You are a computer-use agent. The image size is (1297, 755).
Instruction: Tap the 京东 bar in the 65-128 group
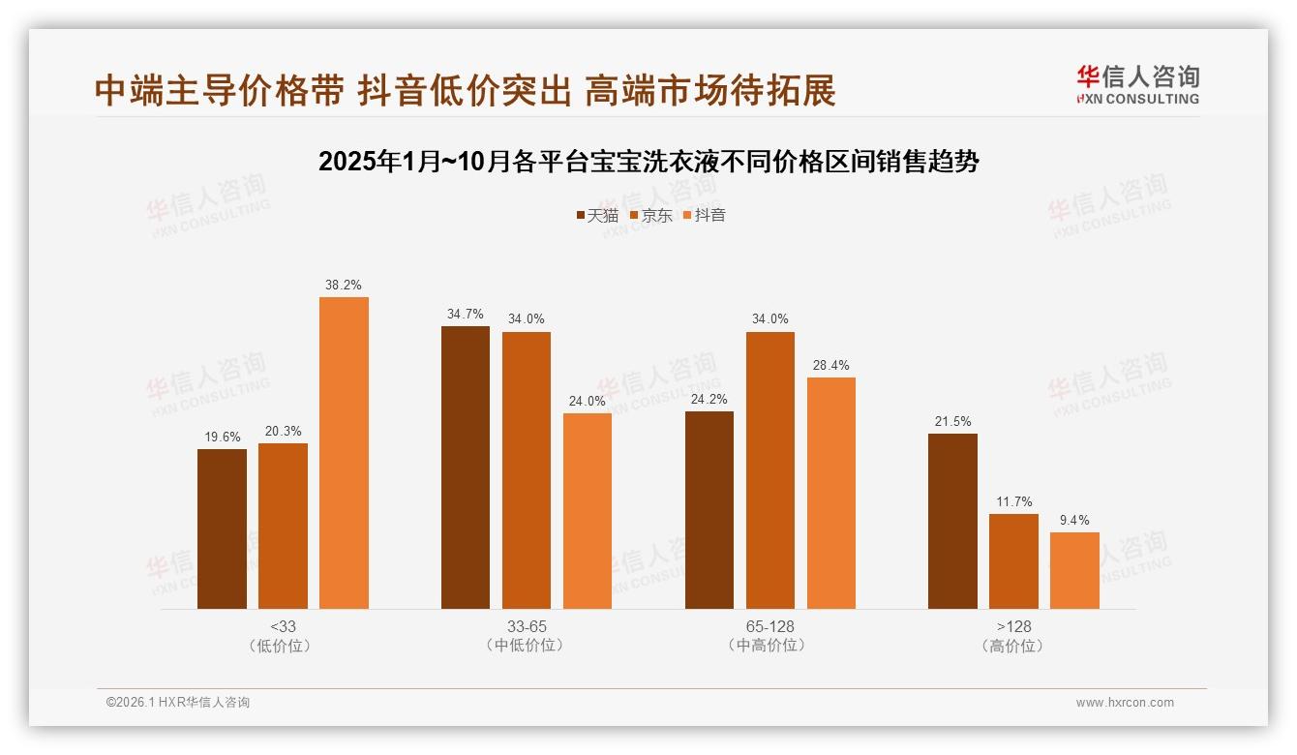pyautogui.click(x=769, y=470)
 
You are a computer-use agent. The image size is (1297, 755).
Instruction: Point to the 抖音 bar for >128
pyautogui.click(x=1074, y=570)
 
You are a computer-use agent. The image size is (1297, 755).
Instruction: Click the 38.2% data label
pyautogui.click(x=344, y=286)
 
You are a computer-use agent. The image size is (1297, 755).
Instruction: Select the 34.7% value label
pyautogui.click(x=466, y=315)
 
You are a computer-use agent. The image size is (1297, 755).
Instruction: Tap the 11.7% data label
pyautogui.click(x=1013, y=502)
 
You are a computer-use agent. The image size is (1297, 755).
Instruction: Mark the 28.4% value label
pyautogui.click(x=831, y=366)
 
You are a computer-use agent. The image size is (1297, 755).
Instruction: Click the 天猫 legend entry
pyautogui.click(x=597, y=216)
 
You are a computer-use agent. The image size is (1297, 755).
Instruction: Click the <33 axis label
pyautogui.click(x=283, y=627)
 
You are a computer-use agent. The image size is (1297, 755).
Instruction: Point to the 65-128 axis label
pyautogui.click(x=769, y=627)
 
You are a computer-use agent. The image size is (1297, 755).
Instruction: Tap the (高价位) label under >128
pyautogui.click(x=1013, y=646)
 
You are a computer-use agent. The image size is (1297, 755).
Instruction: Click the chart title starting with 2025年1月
pyautogui.click(x=648, y=162)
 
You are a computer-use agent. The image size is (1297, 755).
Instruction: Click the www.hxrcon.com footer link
pyautogui.click(x=1125, y=703)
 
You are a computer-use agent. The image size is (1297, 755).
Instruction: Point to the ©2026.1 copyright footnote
pyautogui.click(x=178, y=703)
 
